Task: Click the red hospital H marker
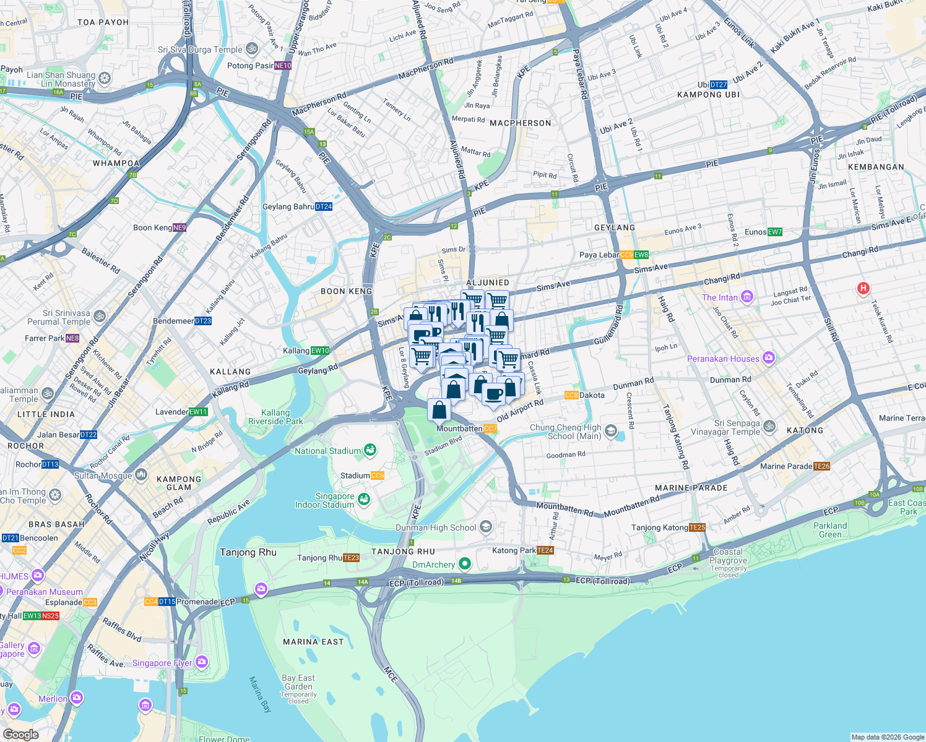pos(863,288)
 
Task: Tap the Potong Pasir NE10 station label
pos(259,66)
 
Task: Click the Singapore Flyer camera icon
pos(202,662)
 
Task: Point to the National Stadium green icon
pos(370,450)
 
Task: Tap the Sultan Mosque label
pos(103,475)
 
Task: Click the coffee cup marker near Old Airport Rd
pos(493,394)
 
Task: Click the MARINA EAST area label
pos(313,642)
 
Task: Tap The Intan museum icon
pos(747,297)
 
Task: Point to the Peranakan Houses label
pos(723,359)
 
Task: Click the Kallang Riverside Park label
pos(275,417)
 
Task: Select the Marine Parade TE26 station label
pos(795,466)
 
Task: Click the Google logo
pos(20,734)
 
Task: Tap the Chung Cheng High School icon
pos(611,431)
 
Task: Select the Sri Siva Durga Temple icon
pos(251,48)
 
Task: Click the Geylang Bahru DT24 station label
pos(297,207)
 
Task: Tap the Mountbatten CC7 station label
pos(466,429)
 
